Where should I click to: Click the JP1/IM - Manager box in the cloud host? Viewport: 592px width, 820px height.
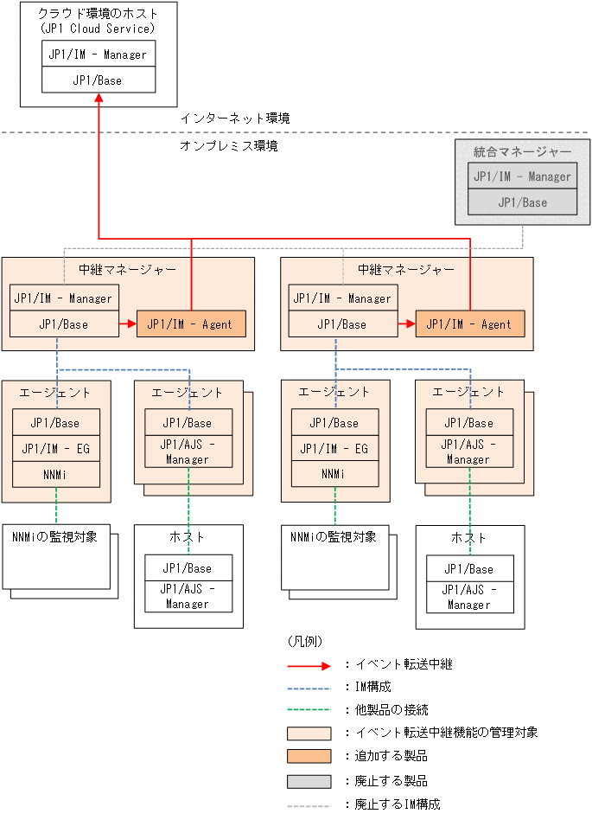click(99, 54)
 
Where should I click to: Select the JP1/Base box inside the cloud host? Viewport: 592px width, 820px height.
click(99, 80)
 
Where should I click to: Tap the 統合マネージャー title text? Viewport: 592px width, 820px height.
click(522, 151)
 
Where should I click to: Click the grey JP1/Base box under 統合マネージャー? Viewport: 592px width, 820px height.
click(522, 202)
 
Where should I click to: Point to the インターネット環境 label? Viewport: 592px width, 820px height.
click(234, 119)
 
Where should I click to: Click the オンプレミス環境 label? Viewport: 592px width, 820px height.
click(228, 146)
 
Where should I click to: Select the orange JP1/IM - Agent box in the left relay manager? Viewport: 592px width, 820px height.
click(190, 324)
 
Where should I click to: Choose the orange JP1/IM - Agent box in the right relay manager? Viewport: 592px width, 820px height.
click(469, 324)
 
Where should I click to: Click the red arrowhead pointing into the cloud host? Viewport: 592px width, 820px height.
click(99, 99)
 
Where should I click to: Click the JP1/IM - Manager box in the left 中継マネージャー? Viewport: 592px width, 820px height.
click(63, 298)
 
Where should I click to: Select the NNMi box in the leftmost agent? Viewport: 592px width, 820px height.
click(56, 474)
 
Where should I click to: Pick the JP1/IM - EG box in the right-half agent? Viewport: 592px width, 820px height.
click(334, 448)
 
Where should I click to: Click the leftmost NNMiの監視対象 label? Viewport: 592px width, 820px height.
click(54, 536)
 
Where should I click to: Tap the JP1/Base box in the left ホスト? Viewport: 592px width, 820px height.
click(188, 568)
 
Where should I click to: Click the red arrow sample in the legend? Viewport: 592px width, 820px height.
click(309, 665)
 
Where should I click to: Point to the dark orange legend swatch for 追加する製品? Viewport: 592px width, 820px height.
click(309, 756)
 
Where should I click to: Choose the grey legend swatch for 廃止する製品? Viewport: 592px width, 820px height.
click(309, 781)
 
